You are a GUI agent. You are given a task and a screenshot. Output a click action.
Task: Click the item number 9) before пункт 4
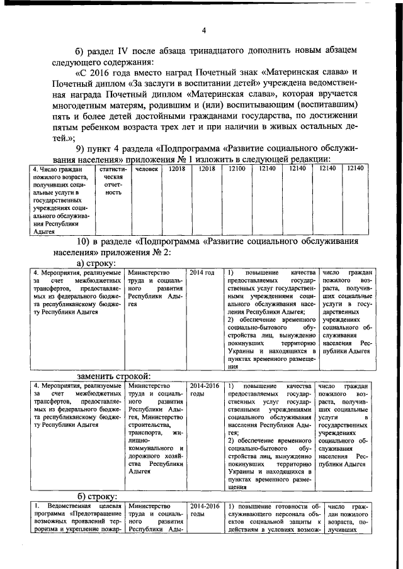84,148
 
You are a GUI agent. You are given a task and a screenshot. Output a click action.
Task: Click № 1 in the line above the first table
209,159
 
